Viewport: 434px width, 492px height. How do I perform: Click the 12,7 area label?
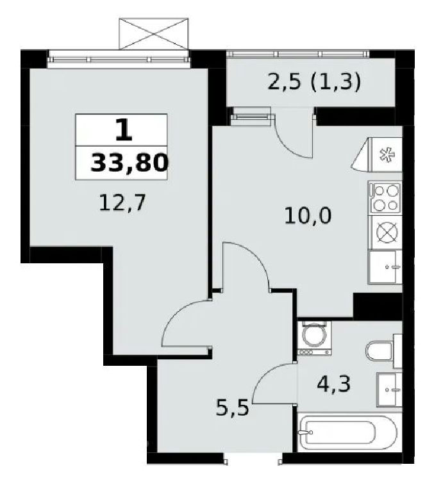(122, 203)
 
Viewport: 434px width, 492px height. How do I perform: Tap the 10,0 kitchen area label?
(308, 216)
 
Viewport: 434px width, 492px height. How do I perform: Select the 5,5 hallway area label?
(233, 407)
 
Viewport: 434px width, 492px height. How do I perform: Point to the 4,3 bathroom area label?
(333, 384)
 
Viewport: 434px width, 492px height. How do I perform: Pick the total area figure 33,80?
(129, 163)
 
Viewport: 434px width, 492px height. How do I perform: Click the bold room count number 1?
(124, 131)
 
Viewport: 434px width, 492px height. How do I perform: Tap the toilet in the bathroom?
(384, 351)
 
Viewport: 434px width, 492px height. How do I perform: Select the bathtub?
(349, 432)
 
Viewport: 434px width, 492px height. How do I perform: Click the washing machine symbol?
(314, 338)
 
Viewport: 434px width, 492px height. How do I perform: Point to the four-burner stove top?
(385, 198)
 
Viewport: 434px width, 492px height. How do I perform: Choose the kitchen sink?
(385, 267)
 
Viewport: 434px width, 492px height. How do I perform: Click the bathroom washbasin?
(389, 390)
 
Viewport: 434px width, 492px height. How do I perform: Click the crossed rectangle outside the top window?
(154, 33)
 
